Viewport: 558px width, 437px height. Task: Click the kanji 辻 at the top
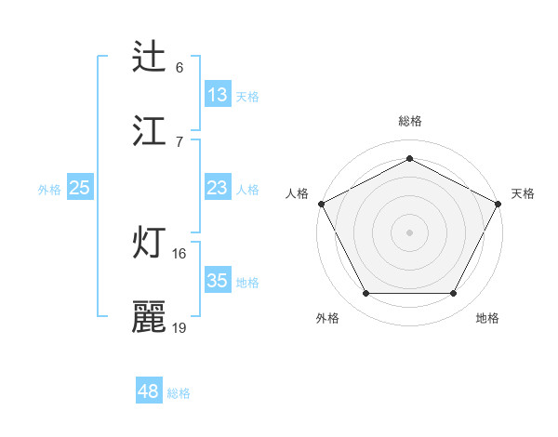click(149, 57)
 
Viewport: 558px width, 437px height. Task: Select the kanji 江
click(149, 130)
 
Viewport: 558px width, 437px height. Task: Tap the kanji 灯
click(149, 243)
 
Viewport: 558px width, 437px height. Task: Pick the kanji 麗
click(149, 317)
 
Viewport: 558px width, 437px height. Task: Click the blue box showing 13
click(218, 95)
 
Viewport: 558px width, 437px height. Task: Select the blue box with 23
click(218, 189)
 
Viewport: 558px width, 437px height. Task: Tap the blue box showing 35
click(218, 281)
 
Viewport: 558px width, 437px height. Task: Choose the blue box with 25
click(80, 189)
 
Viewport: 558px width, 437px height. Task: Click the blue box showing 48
click(149, 391)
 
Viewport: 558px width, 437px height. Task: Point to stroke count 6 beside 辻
click(179, 67)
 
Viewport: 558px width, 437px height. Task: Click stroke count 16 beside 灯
click(179, 253)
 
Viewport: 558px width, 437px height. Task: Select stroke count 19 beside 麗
click(179, 327)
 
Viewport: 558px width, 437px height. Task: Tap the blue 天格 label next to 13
click(247, 96)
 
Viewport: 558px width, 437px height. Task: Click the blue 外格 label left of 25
click(49, 190)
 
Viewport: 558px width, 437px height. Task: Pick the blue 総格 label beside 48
click(179, 393)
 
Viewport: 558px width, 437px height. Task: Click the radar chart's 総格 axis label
click(410, 121)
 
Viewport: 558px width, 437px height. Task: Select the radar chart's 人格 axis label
click(297, 193)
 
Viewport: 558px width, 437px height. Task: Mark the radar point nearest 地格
click(454, 294)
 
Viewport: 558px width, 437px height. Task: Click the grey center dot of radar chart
click(410, 232)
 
